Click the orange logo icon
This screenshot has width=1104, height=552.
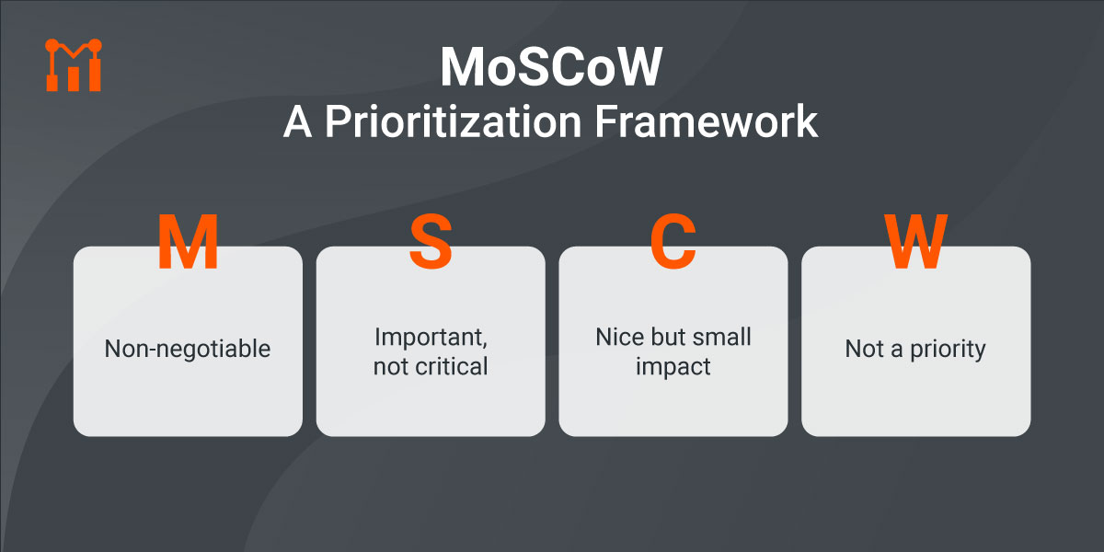click(x=74, y=65)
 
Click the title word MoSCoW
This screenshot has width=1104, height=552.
click(x=551, y=67)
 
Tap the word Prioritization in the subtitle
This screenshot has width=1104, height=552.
click(x=454, y=121)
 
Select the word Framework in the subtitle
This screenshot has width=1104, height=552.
click(x=707, y=121)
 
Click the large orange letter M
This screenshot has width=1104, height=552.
click(x=188, y=241)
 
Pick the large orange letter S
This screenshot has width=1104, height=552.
click(x=431, y=241)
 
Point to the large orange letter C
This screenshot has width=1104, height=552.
click(x=673, y=241)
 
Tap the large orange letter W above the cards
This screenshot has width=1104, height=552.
click(x=915, y=241)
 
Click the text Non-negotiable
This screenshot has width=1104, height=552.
click(x=188, y=349)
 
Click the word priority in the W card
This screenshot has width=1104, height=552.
click(x=948, y=350)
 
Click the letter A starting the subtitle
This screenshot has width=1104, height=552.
click(x=298, y=121)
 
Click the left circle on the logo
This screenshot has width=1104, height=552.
click(x=52, y=45)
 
